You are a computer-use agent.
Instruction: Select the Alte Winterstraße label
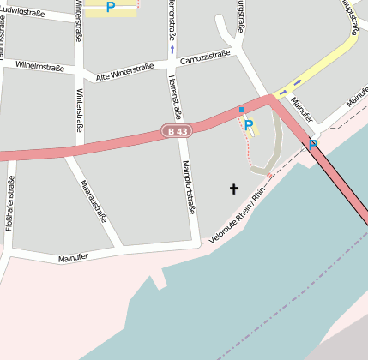124,70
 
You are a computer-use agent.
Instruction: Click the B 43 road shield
175,130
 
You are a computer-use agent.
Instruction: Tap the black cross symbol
233,188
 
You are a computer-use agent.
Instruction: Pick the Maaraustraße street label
94,201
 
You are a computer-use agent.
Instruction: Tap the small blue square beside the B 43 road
242,110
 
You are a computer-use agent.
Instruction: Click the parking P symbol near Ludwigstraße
111,7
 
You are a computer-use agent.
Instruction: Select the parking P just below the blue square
248,125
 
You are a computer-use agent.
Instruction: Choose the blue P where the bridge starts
313,144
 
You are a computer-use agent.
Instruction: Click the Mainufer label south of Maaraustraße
74,258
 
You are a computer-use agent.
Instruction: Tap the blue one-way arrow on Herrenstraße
172,50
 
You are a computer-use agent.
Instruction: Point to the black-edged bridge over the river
341,180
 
